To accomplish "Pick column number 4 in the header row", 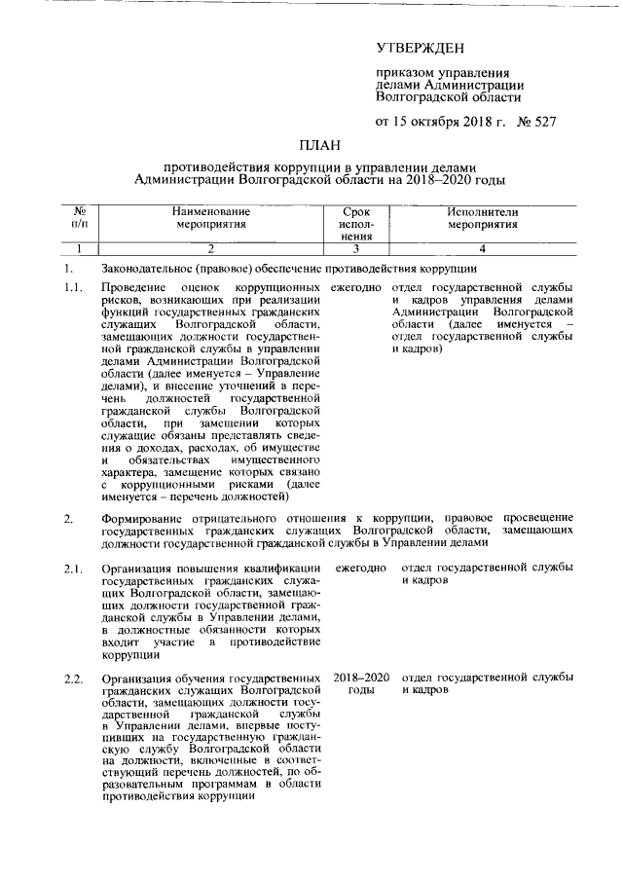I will click(482, 248).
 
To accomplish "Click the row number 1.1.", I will click(73, 289).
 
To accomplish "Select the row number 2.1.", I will click(73, 568).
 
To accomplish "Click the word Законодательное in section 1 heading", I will click(147, 268).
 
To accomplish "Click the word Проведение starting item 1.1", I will click(133, 289).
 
